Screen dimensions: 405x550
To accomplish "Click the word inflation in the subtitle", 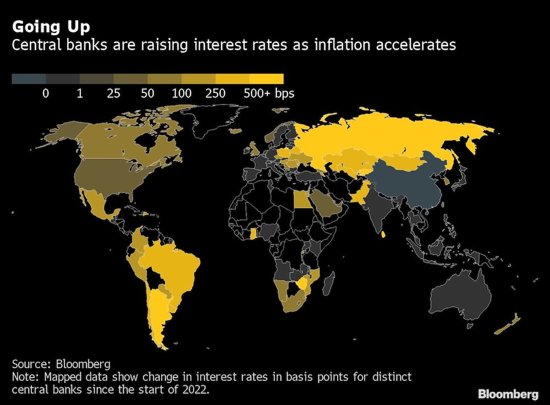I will coord(338,45).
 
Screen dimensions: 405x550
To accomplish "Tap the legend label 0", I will coord(46,93).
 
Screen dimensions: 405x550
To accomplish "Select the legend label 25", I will coord(113,93).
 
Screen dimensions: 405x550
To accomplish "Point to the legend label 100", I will coord(181,93).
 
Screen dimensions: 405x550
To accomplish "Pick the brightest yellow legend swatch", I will coord(267,79).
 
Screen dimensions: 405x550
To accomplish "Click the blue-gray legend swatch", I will coord(29,79).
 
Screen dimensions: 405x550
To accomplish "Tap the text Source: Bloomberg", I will coord(61,364).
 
